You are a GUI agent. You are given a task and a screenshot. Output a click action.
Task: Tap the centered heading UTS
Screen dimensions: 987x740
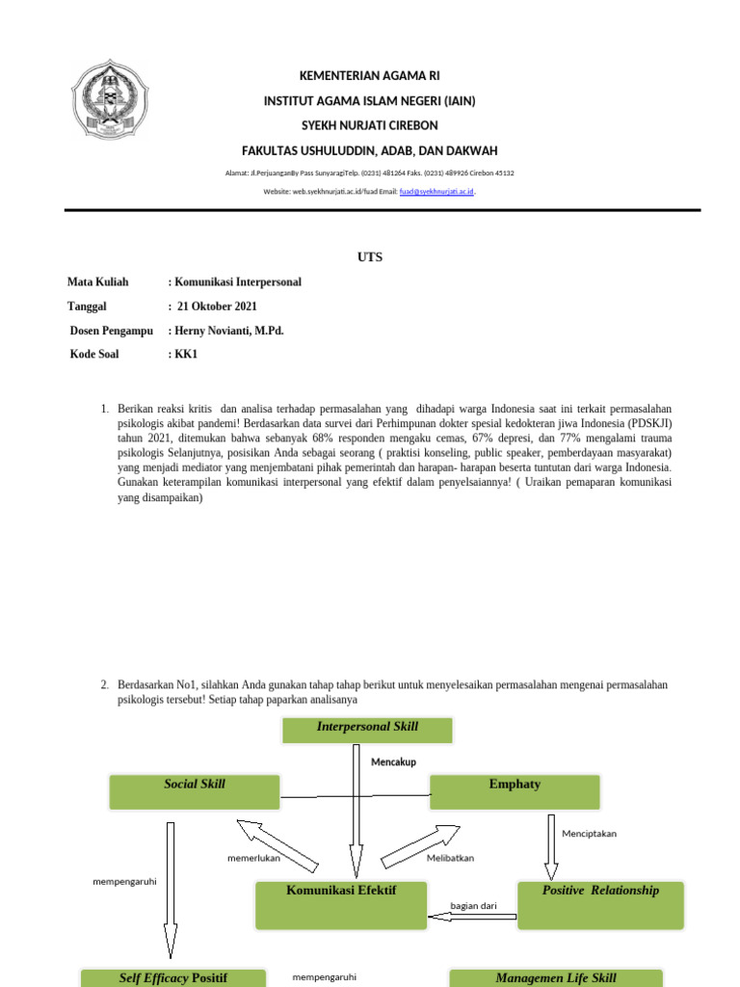[x=370, y=256]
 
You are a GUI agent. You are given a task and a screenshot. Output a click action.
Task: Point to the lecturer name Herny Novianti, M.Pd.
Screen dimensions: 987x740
[x=229, y=331]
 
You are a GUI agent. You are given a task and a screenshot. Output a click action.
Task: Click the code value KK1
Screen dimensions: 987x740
[x=184, y=354]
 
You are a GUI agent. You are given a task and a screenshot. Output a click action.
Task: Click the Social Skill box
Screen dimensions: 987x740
[x=195, y=791]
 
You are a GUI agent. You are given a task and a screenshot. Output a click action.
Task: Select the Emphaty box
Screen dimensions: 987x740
[x=515, y=791]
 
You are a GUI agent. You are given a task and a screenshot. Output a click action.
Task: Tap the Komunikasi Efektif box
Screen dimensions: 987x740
[x=341, y=904]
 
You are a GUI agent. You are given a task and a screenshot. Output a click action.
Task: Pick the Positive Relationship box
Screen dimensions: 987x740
[x=600, y=904]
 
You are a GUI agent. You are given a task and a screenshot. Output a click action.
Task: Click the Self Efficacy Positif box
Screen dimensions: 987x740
[x=173, y=977]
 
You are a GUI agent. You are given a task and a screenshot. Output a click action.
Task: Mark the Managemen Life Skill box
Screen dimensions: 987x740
[x=556, y=977]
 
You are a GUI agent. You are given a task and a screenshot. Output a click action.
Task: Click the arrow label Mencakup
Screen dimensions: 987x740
[x=393, y=761]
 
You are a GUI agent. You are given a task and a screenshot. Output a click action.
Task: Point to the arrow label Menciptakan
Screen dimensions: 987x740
[x=589, y=834]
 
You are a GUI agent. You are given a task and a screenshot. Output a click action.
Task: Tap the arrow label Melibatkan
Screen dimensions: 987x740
[x=450, y=857]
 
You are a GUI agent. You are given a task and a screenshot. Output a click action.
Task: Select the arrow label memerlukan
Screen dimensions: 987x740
[x=253, y=857]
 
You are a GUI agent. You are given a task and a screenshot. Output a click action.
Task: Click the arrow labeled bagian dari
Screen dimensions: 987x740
[x=472, y=917]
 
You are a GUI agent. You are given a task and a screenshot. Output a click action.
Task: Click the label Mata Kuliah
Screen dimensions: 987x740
[x=97, y=282]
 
